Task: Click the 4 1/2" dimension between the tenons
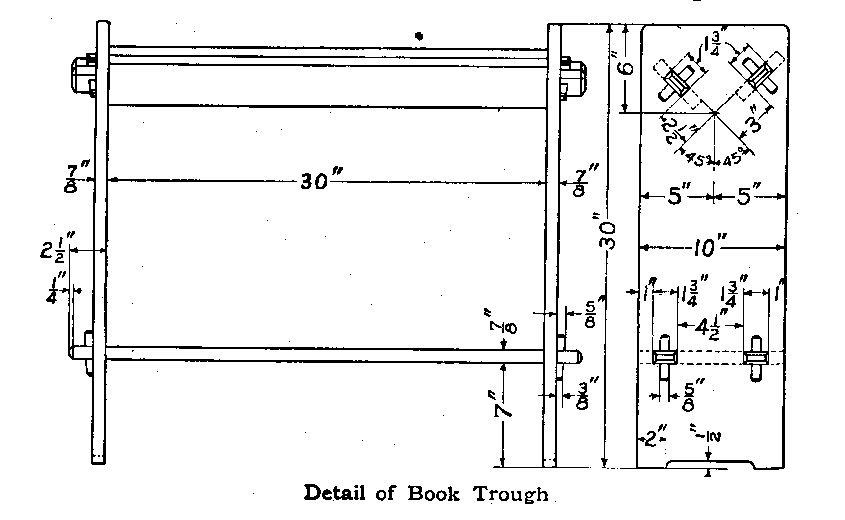click(x=711, y=325)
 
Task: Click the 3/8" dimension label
click(x=583, y=394)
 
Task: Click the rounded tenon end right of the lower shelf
click(x=577, y=357)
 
